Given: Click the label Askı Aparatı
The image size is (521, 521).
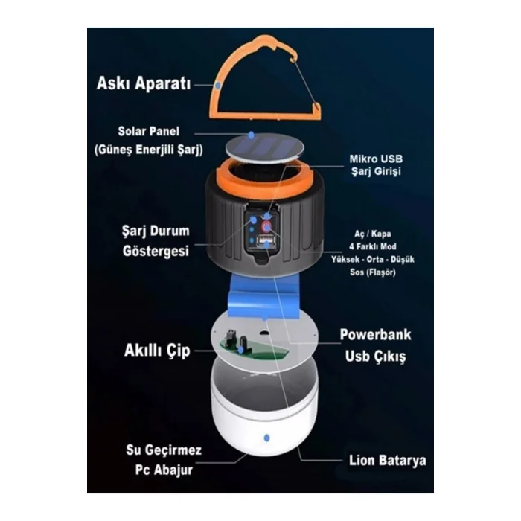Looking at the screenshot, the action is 144,83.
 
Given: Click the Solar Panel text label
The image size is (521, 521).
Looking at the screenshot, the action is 149,131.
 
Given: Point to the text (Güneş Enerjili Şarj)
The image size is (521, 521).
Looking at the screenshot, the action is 149,150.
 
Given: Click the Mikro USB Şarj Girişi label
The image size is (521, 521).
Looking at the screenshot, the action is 376,165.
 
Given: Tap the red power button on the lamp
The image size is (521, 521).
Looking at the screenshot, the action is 266,227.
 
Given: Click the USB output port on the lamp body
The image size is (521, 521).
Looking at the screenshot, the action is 266,240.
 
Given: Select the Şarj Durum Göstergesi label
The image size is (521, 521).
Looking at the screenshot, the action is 156,241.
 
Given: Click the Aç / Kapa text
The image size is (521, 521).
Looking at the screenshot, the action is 372,234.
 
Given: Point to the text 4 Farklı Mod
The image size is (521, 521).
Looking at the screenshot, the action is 372,246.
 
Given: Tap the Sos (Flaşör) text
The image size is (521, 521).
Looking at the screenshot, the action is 372,272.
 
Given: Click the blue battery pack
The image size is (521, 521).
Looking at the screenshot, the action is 264,295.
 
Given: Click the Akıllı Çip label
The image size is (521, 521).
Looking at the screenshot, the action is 157,351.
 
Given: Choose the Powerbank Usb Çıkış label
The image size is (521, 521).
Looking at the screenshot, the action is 375,345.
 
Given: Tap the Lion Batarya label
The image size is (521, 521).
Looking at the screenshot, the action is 388,461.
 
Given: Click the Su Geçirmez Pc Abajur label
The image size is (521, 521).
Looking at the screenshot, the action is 164,460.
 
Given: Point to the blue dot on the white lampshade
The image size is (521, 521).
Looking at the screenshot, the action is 266,438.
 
